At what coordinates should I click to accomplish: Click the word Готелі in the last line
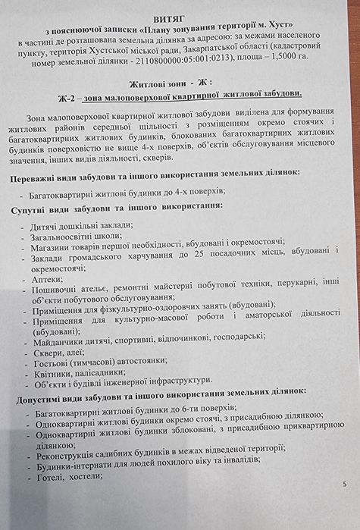tap(45, 475)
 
